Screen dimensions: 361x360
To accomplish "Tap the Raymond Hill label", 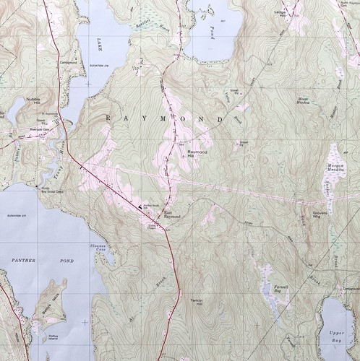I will point(197,155).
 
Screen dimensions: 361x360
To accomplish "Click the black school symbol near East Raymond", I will point(139,207).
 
